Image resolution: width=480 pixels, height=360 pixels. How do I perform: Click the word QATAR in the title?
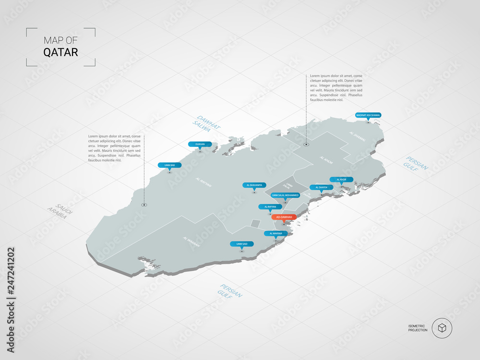pos(60,52)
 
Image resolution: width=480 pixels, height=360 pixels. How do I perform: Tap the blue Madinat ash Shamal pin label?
pos(368,115)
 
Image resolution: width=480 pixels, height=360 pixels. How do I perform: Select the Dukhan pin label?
pos(200,144)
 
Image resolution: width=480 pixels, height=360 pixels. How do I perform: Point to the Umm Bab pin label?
pos(169,165)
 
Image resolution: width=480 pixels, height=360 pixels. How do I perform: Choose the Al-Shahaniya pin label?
pos(254,185)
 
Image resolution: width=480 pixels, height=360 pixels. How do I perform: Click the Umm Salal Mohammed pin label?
pos(285,195)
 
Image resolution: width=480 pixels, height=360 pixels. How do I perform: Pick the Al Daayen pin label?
pos(321,187)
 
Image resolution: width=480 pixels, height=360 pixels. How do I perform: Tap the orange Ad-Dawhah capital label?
pos(284,217)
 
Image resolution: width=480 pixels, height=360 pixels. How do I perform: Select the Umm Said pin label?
pos(241,244)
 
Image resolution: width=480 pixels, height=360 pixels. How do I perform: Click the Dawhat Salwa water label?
pos(205,124)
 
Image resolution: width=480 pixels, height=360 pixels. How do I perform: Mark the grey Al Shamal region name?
pos(357,135)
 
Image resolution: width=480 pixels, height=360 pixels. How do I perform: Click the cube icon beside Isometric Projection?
pos(442,328)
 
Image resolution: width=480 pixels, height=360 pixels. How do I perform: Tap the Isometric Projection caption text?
pos(418,328)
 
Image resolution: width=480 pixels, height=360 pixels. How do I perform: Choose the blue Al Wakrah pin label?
pos(276,233)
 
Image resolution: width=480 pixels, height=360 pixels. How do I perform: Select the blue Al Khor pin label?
pos(341,180)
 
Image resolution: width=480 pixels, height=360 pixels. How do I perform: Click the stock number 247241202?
pos(11,278)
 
